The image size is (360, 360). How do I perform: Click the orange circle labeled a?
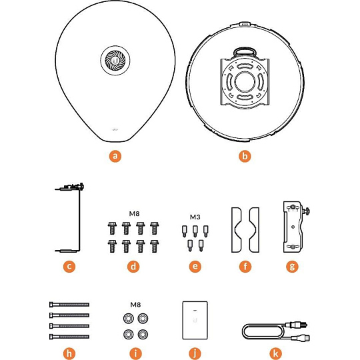115,156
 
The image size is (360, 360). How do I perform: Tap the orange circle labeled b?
245,156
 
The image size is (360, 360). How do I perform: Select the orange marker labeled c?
69,266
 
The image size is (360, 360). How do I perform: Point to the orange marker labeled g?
292,266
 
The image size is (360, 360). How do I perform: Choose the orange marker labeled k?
275,353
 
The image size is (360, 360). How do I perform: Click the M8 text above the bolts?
134,214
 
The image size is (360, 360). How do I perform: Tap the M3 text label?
195,217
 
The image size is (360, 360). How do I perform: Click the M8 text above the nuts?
135,305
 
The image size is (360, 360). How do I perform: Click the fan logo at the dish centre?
115,61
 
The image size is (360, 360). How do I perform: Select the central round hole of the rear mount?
245,81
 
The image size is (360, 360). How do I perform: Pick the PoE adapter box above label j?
195,320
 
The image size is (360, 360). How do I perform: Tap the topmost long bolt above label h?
69,305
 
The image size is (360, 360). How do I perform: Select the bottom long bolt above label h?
69,337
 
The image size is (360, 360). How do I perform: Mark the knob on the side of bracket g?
306,211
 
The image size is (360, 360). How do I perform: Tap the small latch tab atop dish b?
245,23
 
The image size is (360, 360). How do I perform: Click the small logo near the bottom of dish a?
115,130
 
